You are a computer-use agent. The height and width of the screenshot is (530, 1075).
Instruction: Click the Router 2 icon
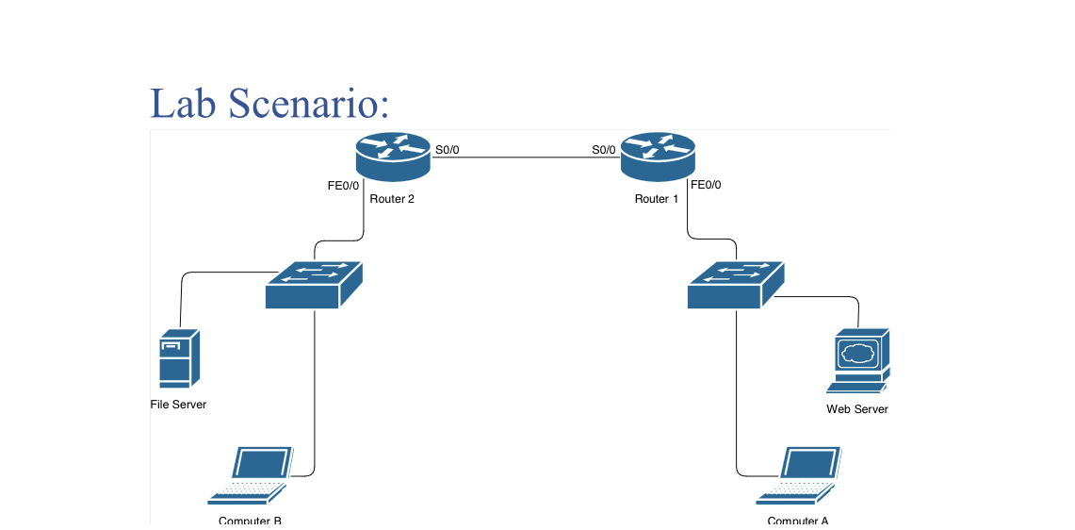(x=393, y=157)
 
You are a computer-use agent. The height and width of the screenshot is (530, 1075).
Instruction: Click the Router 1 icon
(x=658, y=157)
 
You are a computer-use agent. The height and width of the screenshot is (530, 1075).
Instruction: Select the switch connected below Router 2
(x=314, y=285)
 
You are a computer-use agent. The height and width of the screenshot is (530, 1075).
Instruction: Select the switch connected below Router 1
(x=736, y=285)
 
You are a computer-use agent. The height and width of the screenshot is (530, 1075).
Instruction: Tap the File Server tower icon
(x=178, y=358)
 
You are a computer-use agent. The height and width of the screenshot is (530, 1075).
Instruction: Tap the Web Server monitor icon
(x=857, y=359)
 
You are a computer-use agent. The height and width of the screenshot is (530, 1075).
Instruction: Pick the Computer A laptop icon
(x=802, y=475)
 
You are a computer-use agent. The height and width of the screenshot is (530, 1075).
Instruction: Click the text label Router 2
(x=392, y=199)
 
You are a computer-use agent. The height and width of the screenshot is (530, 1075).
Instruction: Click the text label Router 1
(x=657, y=199)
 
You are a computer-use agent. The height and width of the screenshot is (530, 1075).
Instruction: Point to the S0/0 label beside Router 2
(x=448, y=150)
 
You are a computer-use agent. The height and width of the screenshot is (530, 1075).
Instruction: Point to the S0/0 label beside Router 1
(x=603, y=150)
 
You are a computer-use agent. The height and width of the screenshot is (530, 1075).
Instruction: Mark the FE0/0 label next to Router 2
(x=343, y=186)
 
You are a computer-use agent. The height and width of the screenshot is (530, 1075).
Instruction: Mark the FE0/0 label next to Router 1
(x=706, y=186)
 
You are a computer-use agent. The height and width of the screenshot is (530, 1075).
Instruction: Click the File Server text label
(x=178, y=405)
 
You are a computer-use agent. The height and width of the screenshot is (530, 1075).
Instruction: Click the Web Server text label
(x=857, y=409)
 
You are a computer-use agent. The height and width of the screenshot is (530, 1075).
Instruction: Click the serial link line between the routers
(x=525, y=157)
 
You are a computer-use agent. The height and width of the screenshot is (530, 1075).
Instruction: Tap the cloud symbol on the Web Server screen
(x=856, y=354)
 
